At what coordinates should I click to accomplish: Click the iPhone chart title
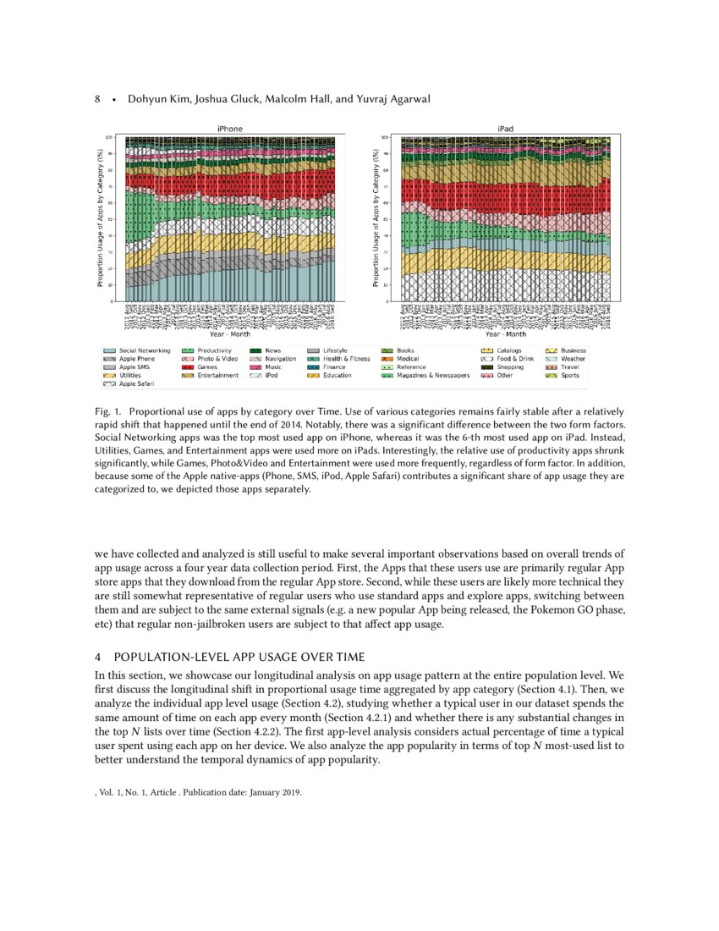tap(229, 129)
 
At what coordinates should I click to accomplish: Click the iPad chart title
tap(505, 129)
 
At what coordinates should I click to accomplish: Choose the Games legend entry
tap(207, 367)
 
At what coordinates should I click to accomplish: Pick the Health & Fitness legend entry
tap(346, 359)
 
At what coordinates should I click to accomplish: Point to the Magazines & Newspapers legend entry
tap(432, 376)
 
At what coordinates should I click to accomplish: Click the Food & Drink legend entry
tap(515, 359)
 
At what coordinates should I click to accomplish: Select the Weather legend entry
tap(573, 359)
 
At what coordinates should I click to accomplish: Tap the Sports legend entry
tap(569, 376)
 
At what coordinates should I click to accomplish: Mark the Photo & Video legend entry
tap(217, 359)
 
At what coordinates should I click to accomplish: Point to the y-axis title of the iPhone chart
tap(100, 218)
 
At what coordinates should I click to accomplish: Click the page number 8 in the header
tap(97, 100)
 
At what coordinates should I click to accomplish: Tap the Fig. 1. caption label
tap(107, 411)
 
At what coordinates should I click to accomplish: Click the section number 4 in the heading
tap(98, 657)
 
